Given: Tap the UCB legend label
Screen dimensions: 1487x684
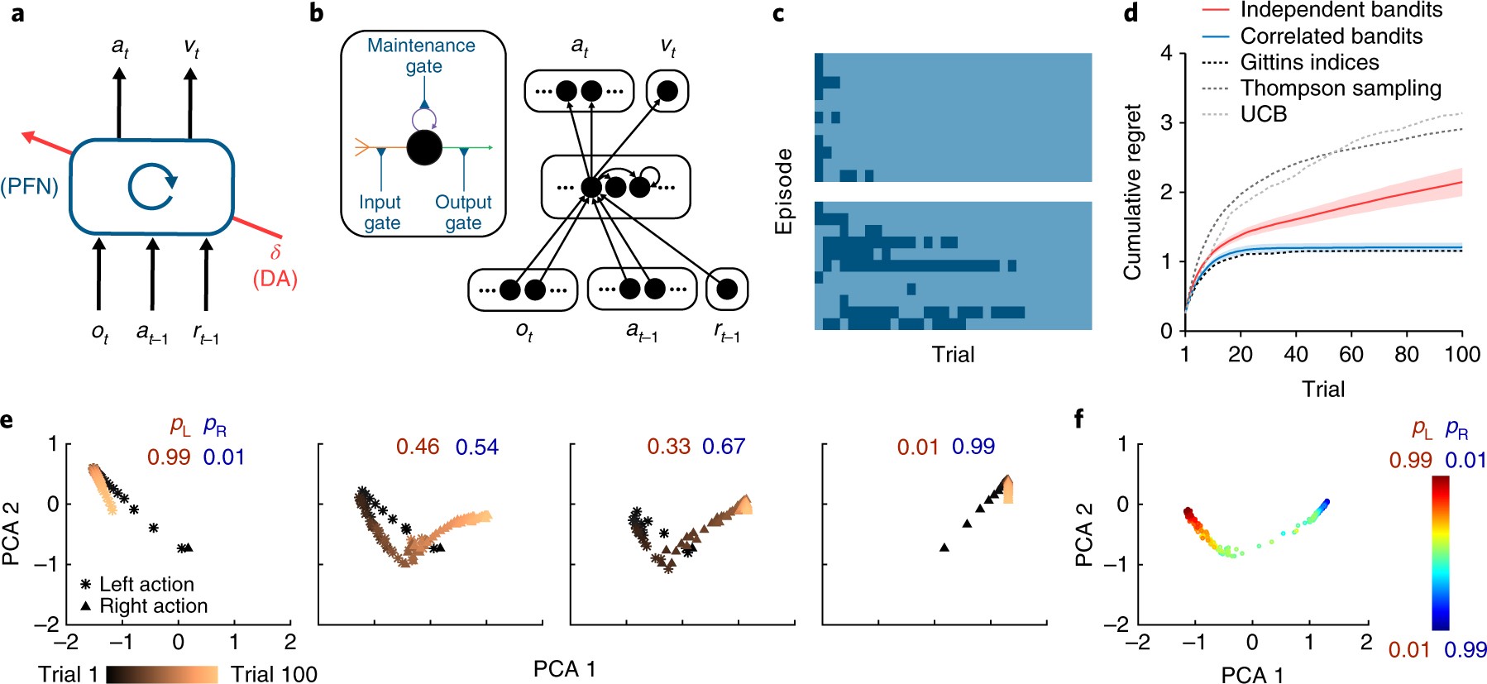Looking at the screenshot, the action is [1263, 114].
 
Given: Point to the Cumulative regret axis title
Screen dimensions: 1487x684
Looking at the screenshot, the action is [1132, 192].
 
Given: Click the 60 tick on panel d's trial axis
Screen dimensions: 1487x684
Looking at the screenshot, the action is [1351, 354].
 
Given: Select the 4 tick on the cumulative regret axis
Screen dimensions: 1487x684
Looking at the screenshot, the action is [1167, 53].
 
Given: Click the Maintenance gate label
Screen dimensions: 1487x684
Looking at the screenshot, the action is [422, 55].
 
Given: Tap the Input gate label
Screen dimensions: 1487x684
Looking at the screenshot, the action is [380, 213].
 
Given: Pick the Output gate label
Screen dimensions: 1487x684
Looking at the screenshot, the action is [463, 213].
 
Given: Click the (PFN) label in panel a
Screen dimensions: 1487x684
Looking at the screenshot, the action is [30, 187].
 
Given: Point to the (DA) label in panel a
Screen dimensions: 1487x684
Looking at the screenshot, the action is [275, 279].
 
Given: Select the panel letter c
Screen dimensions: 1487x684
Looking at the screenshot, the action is [778, 14].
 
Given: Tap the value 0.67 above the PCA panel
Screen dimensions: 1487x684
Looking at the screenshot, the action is [724, 447].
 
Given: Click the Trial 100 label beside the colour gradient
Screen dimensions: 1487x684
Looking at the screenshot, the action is [274, 674].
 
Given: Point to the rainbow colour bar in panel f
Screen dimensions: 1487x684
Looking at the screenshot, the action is [1441, 553].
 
